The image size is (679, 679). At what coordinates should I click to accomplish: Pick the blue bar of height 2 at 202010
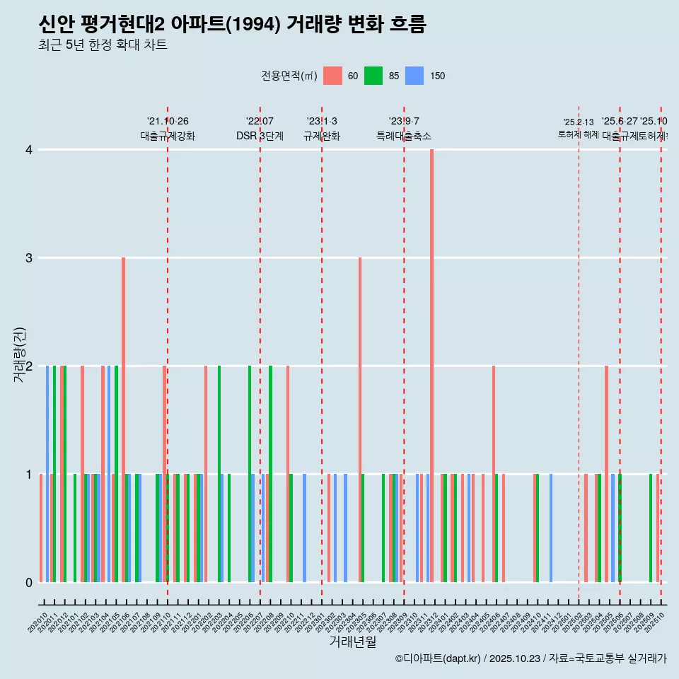tap(47, 474)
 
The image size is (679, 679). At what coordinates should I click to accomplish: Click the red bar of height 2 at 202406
tap(494, 474)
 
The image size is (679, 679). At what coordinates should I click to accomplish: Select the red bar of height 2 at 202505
tap(606, 474)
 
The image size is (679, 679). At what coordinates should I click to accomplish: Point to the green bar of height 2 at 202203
tap(219, 474)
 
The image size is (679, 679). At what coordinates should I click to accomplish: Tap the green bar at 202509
tap(651, 528)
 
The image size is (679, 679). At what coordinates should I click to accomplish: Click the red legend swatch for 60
tap(332, 76)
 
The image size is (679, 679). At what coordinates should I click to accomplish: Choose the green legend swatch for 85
tap(373, 76)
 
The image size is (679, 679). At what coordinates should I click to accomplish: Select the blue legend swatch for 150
tap(414, 76)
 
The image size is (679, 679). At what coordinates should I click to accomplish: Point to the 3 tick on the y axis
tap(29, 258)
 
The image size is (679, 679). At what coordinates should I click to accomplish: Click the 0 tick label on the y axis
tap(29, 583)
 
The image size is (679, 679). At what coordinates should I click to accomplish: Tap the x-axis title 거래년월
tap(352, 642)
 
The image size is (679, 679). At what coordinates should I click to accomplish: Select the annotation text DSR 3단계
tap(260, 137)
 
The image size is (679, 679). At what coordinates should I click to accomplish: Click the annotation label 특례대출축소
tap(403, 137)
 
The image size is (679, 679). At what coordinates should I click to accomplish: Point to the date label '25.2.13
tap(578, 122)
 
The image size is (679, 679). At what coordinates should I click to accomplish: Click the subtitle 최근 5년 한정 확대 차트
tap(103, 45)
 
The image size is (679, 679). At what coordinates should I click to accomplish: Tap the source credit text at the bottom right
tap(530, 658)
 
